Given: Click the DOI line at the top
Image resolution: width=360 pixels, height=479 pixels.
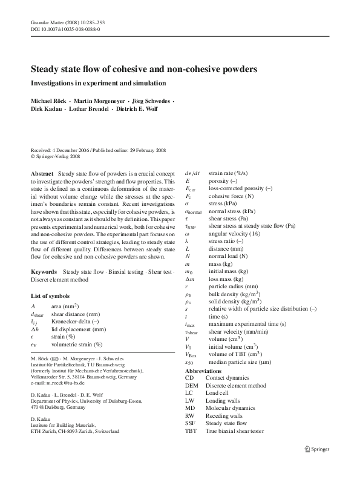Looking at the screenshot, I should (x=65, y=28).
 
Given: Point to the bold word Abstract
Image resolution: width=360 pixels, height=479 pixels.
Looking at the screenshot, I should (x=42, y=174).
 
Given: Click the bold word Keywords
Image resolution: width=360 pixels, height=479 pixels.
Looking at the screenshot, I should (x=44, y=272).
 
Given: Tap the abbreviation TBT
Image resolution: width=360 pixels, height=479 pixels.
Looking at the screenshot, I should (x=191, y=432).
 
